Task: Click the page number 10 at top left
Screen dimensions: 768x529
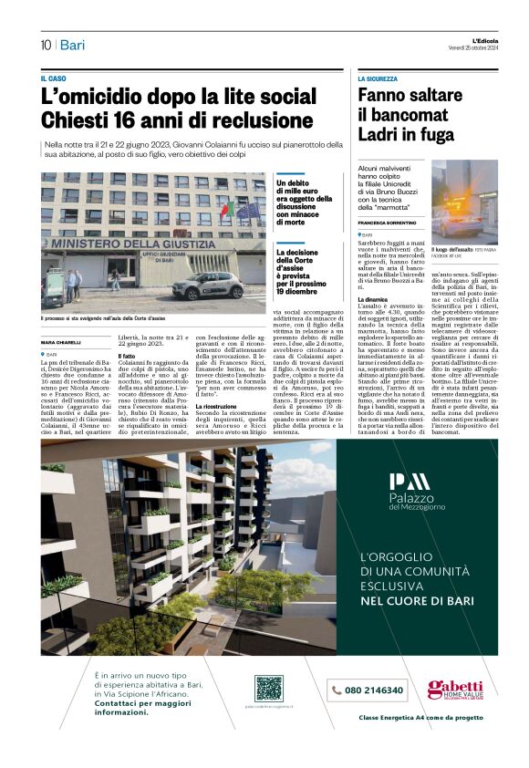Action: (45, 45)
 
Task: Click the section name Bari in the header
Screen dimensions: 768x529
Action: (72, 45)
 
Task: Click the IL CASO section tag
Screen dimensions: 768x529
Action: (54, 79)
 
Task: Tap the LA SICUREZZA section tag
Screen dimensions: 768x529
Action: (379, 79)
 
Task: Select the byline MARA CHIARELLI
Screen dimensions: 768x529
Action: (61, 342)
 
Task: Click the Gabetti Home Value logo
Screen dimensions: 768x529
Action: (455, 690)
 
